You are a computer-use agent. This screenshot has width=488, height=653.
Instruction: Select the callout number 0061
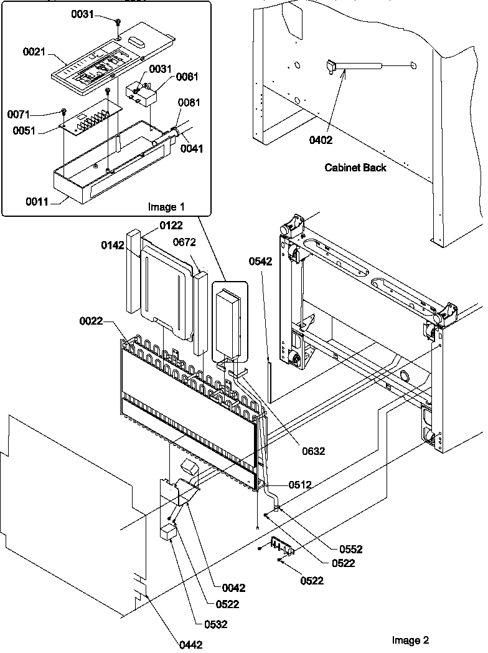point(187,77)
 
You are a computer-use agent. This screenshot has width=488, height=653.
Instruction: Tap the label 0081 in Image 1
point(189,103)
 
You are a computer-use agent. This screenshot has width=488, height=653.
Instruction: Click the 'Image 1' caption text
point(166,206)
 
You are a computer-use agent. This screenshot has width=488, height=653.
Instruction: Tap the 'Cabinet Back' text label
point(355,167)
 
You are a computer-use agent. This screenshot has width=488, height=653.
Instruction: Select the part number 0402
point(321,140)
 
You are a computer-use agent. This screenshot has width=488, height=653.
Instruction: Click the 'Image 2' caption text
point(410,640)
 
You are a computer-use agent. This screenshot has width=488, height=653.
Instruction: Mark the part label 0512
point(299,484)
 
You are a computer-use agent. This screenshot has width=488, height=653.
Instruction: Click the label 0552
point(350,549)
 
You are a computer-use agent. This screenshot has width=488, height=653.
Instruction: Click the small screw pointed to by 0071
point(65,112)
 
